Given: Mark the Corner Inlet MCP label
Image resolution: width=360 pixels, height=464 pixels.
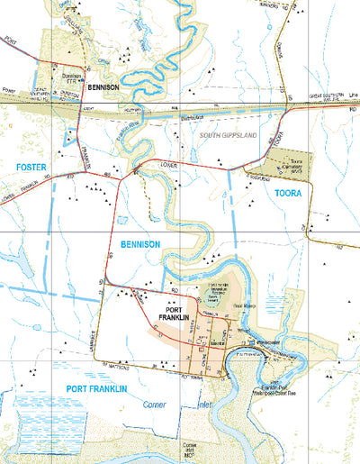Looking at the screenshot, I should coord(190,450).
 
